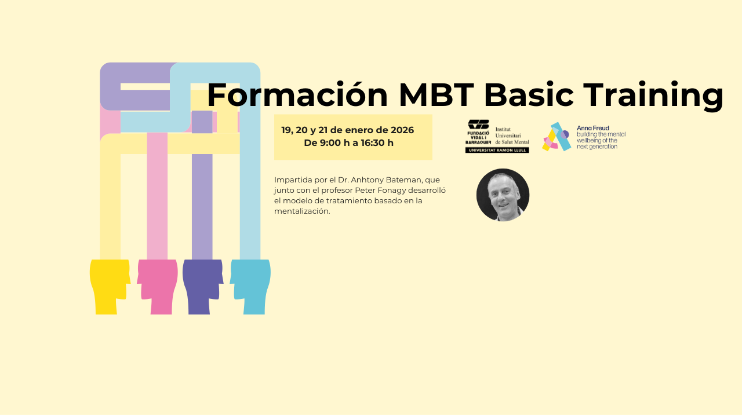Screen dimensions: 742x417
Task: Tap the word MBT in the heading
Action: (437, 95)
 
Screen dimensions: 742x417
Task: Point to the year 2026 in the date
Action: (402, 130)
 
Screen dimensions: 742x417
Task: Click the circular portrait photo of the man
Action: (503, 195)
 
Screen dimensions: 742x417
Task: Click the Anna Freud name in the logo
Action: (593, 128)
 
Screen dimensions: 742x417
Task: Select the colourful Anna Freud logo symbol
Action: (556, 137)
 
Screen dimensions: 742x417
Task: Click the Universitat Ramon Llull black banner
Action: (497, 150)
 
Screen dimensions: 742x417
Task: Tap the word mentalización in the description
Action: (302, 211)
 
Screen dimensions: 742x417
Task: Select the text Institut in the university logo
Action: (503, 129)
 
